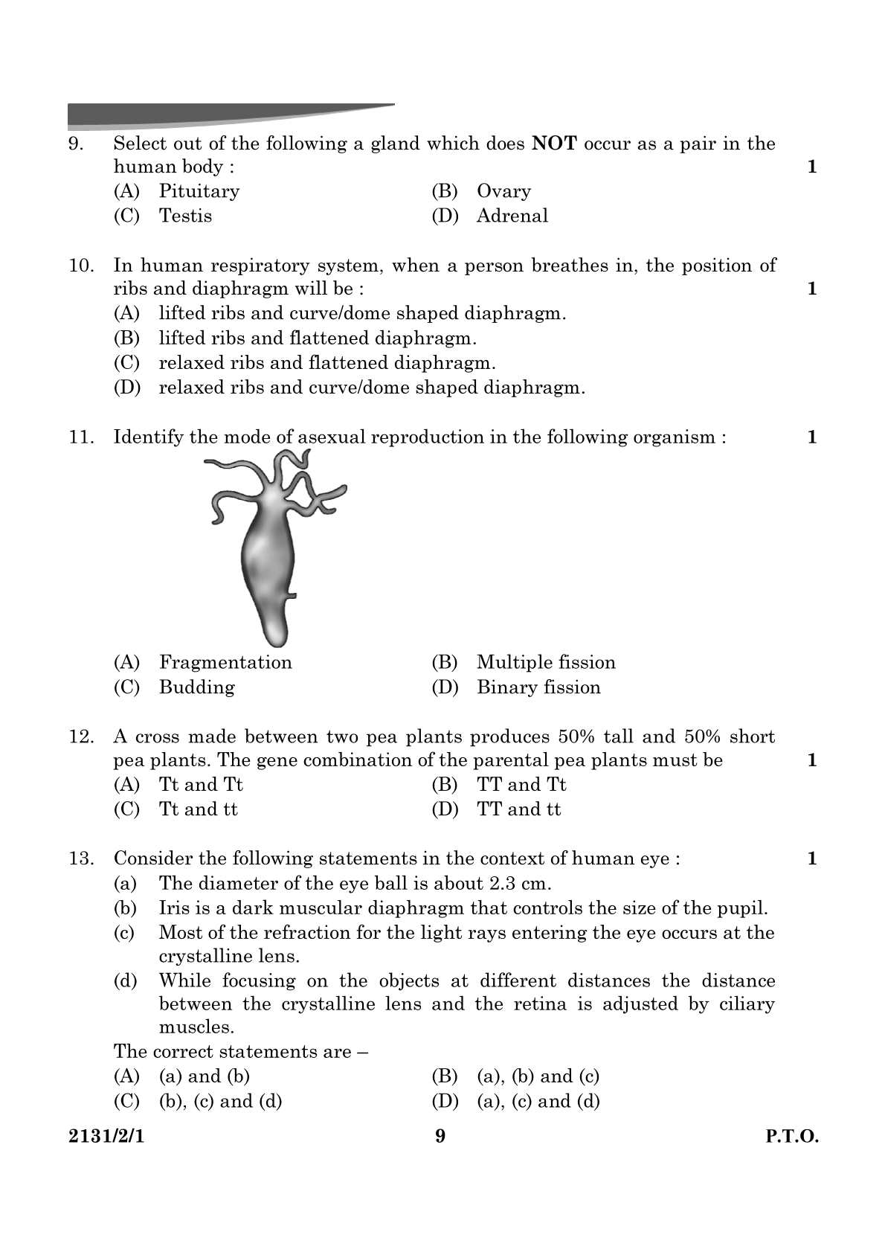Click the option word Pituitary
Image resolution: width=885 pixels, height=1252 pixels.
[x=199, y=191]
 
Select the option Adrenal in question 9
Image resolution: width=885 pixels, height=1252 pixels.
[x=512, y=216]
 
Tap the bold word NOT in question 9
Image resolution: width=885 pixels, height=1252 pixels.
[x=554, y=144]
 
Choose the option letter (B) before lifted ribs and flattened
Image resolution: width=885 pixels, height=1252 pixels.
[x=126, y=338]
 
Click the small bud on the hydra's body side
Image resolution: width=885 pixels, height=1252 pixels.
[x=292, y=594]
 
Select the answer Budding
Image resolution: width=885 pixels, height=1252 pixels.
[x=196, y=687]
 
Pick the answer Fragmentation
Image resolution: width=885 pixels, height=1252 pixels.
[x=225, y=663]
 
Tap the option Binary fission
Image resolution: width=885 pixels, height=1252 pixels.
[x=538, y=687]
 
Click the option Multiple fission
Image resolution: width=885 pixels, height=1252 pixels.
[x=546, y=663]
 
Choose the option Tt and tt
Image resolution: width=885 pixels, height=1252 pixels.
[x=198, y=809]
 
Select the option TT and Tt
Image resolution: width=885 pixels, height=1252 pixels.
[x=521, y=785]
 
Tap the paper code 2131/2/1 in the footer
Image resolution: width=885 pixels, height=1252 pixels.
[x=105, y=1137]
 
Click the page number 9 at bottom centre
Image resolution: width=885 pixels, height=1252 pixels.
[x=440, y=1137]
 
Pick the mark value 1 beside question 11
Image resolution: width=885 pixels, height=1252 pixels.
[x=812, y=437]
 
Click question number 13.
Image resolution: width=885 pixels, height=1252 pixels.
[x=81, y=859]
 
